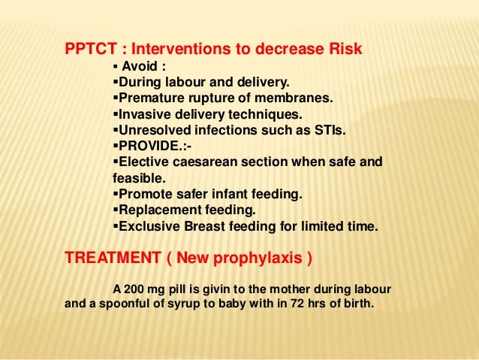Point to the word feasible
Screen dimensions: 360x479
[x=137, y=179]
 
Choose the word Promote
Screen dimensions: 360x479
[x=142, y=194]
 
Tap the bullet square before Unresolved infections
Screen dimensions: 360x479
[x=114, y=130]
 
